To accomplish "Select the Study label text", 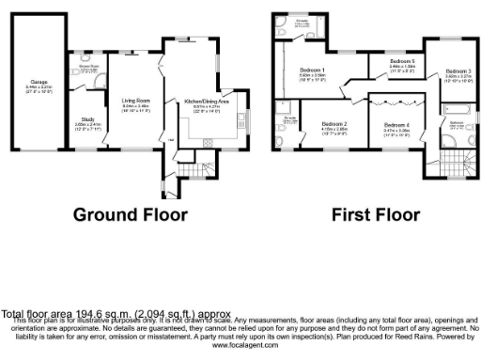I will click(82, 119).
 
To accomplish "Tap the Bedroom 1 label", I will click(312, 71).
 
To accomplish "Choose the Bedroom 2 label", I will click(334, 125).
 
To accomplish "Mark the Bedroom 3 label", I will click(458, 71).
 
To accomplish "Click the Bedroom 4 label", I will click(396, 125).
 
